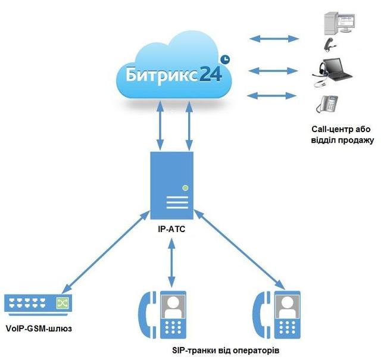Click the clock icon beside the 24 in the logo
click(225, 60)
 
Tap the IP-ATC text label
click(173, 227)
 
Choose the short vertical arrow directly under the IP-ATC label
click(173, 259)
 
